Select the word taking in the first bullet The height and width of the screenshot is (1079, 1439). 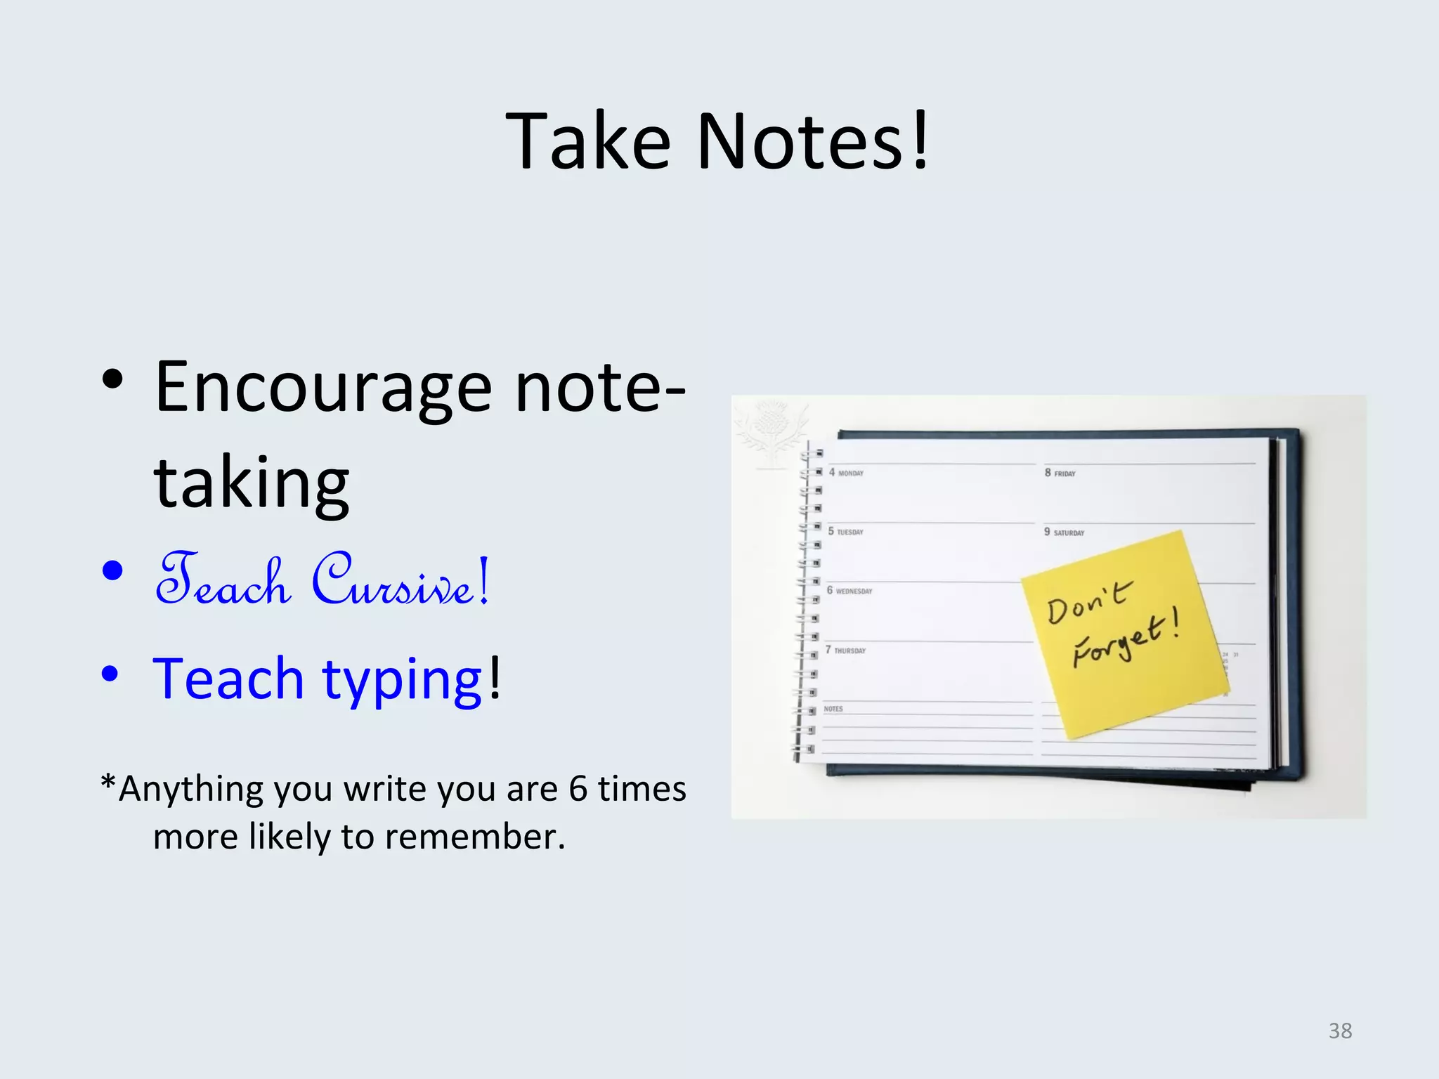coord(252,483)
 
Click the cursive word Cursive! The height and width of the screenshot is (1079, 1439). coord(401,580)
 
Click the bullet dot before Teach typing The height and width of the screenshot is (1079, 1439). coord(110,674)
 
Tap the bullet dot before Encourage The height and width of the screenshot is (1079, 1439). coord(112,380)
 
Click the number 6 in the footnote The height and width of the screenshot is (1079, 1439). coord(578,788)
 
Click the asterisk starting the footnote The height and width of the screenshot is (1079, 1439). coord(108,783)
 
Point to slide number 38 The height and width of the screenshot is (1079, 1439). coord(1340,1031)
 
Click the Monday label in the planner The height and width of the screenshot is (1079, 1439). coord(850,473)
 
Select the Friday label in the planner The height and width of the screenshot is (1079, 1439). coord(1064,474)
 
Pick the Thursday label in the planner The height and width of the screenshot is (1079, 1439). coord(849,650)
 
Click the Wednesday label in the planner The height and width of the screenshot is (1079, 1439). coord(853,591)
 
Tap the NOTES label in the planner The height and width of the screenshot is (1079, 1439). coord(833,709)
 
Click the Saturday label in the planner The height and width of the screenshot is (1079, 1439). coord(1068,532)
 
